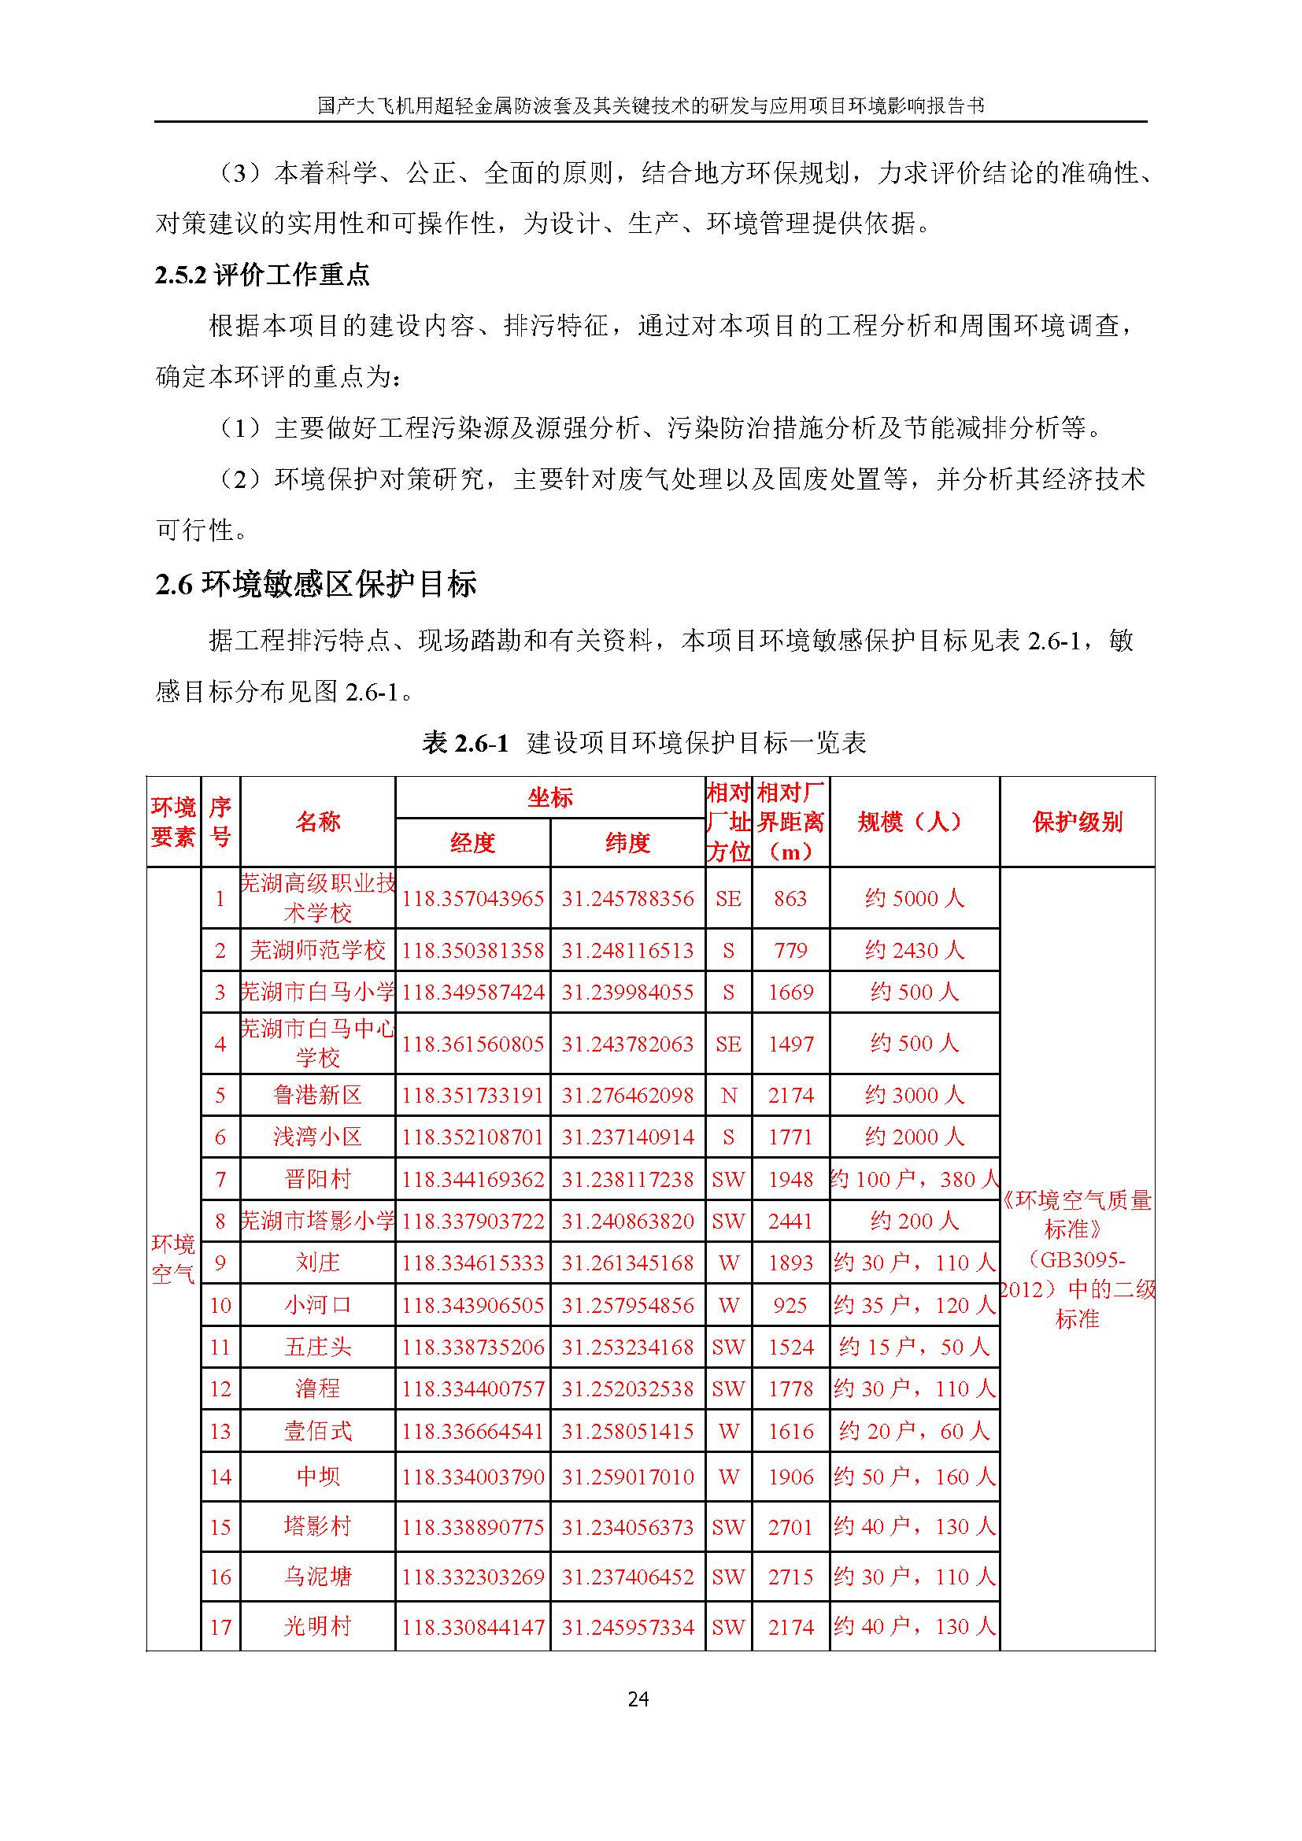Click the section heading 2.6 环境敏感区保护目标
pos(316,584)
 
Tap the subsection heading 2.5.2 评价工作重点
pos(262,275)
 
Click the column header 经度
pos(472,843)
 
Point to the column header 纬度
pos(627,843)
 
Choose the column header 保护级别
pos(1077,822)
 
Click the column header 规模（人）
pos(914,822)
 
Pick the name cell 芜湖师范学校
pos(317,950)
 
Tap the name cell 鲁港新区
pos(317,1096)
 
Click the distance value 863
pos(790,898)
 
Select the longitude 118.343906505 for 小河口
pos(472,1305)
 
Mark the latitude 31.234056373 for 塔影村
pos(627,1527)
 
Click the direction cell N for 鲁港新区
pos(728,1096)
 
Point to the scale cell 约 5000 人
pos(914,898)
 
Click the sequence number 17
pos(220,1627)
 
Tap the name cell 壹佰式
pos(317,1431)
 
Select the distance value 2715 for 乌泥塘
pos(790,1577)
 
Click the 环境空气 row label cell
pos(173,1259)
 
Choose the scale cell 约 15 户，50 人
pos(914,1347)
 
